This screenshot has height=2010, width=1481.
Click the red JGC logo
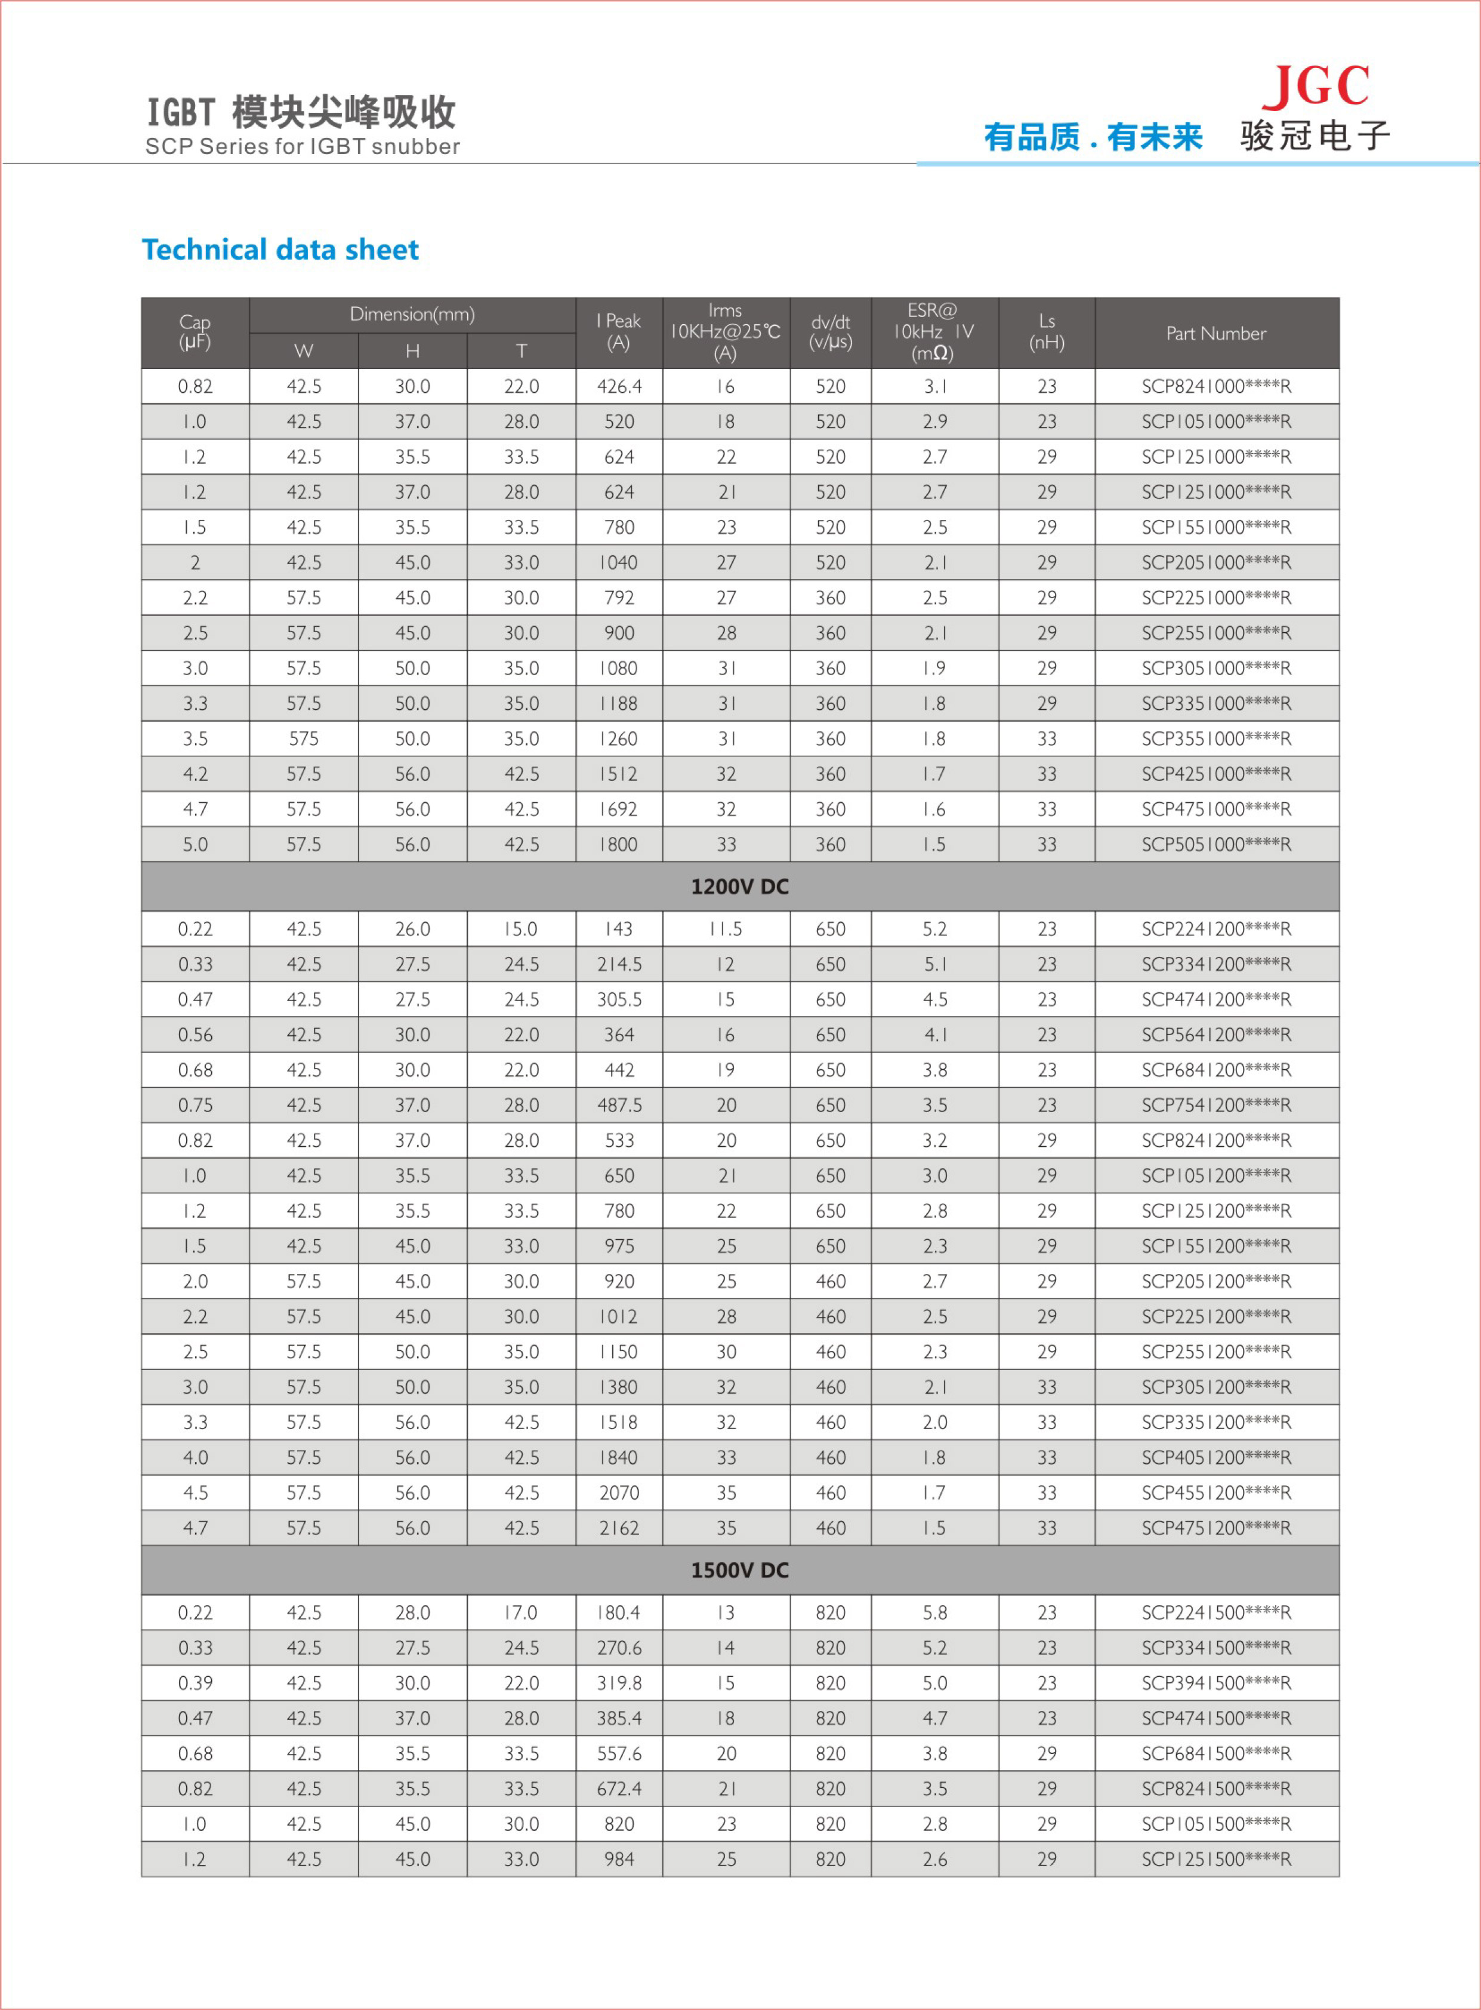pos(1315,86)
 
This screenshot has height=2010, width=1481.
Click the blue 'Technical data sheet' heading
pos(280,250)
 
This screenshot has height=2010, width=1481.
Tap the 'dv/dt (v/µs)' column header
pos(830,332)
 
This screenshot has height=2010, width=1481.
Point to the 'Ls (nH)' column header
pos(1046,332)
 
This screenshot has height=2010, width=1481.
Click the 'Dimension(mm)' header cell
pos(412,315)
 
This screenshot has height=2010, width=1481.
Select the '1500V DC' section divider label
pos(739,1569)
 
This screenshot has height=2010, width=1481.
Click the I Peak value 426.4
pos(619,387)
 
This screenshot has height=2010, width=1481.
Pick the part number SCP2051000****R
pos(1215,562)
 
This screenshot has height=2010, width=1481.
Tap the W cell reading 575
pos(304,738)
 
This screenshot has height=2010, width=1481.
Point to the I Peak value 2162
pos(619,1528)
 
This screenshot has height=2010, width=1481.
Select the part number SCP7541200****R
pos(1215,1105)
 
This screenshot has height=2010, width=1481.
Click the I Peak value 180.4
pos(619,1612)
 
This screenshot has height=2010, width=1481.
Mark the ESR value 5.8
pos(934,1612)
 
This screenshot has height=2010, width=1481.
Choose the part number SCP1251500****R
pos(1215,1860)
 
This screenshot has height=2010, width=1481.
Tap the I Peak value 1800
pos(619,844)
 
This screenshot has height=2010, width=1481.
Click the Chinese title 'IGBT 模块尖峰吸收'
pos(301,113)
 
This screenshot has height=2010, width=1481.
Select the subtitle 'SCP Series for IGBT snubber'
pos(302,146)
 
